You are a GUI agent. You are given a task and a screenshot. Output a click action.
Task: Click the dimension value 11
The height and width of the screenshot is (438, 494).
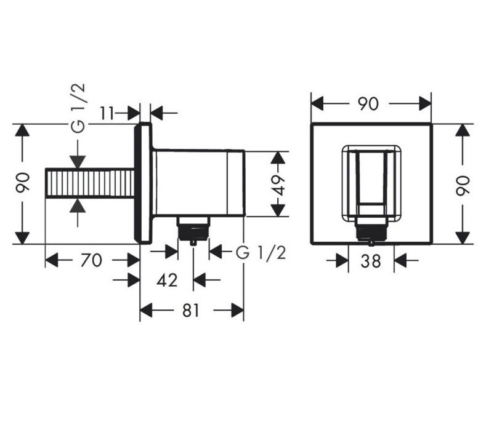click(x=107, y=113)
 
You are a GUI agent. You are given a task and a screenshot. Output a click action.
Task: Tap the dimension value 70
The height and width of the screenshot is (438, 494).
click(x=91, y=261)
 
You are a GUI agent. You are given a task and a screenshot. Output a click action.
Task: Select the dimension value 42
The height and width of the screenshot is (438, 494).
click(x=167, y=280)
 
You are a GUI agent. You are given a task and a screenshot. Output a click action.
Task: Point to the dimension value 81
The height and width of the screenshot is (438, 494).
click(x=191, y=311)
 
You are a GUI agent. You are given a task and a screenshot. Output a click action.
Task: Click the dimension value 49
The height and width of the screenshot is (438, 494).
click(x=278, y=185)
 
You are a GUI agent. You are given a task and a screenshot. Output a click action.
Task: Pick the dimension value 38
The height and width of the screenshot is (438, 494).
click(x=371, y=261)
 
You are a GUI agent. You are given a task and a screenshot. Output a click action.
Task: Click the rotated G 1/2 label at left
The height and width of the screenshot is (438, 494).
click(x=78, y=108)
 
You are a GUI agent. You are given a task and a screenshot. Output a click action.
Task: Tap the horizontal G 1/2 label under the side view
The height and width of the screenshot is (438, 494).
click(x=261, y=253)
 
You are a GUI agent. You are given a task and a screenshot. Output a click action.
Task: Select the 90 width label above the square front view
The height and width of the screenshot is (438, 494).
click(x=368, y=104)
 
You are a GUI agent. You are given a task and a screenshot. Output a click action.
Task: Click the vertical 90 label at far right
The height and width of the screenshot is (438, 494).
click(x=463, y=186)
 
